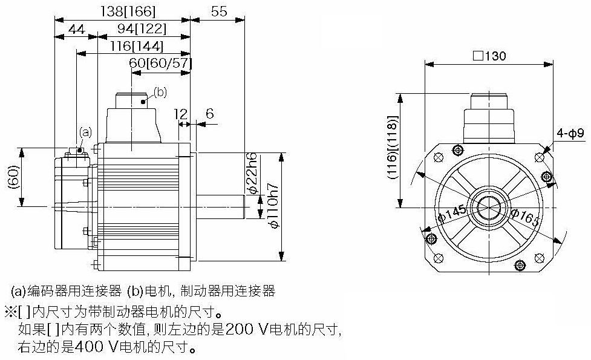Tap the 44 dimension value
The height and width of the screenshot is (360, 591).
pos(76,28)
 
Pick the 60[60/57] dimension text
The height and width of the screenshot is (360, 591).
pos(160,63)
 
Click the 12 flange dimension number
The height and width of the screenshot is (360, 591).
pos(180,113)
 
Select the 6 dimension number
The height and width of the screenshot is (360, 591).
pos(209,113)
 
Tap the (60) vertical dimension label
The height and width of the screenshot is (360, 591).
pos(13,176)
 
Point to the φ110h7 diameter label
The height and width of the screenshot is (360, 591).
pos(273,206)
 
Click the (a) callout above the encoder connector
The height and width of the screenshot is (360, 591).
pos(85,131)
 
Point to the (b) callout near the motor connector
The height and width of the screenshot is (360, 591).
pos(160,92)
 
